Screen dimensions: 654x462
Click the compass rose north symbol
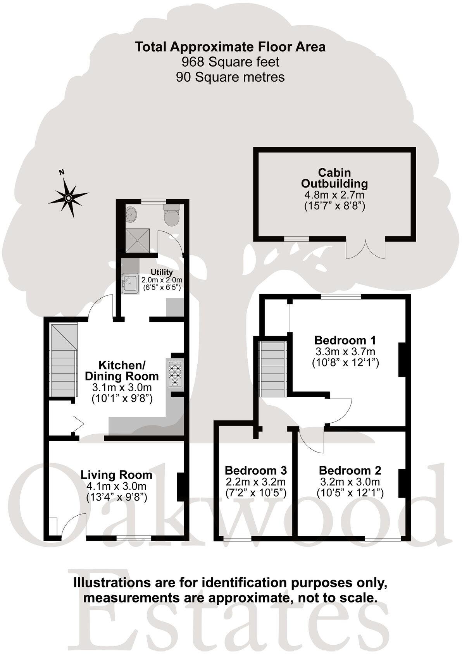(x=68, y=198)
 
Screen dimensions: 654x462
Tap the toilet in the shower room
(x=171, y=216)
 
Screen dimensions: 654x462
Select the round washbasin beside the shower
(x=131, y=213)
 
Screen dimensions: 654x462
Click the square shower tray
(x=138, y=240)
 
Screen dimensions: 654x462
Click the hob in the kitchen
(x=175, y=373)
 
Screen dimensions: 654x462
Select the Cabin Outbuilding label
(x=334, y=178)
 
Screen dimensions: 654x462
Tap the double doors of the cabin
(x=365, y=249)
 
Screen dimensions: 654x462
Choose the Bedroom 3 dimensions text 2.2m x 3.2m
(x=256, y=482)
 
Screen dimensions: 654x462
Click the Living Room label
(x=116, y=475)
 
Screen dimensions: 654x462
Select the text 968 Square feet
(x=230, y=62)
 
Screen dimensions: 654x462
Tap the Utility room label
(x=162, y=272)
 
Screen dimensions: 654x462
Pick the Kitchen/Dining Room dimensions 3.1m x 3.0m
(x=122, y=387)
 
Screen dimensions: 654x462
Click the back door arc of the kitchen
(x=100, y=306)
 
